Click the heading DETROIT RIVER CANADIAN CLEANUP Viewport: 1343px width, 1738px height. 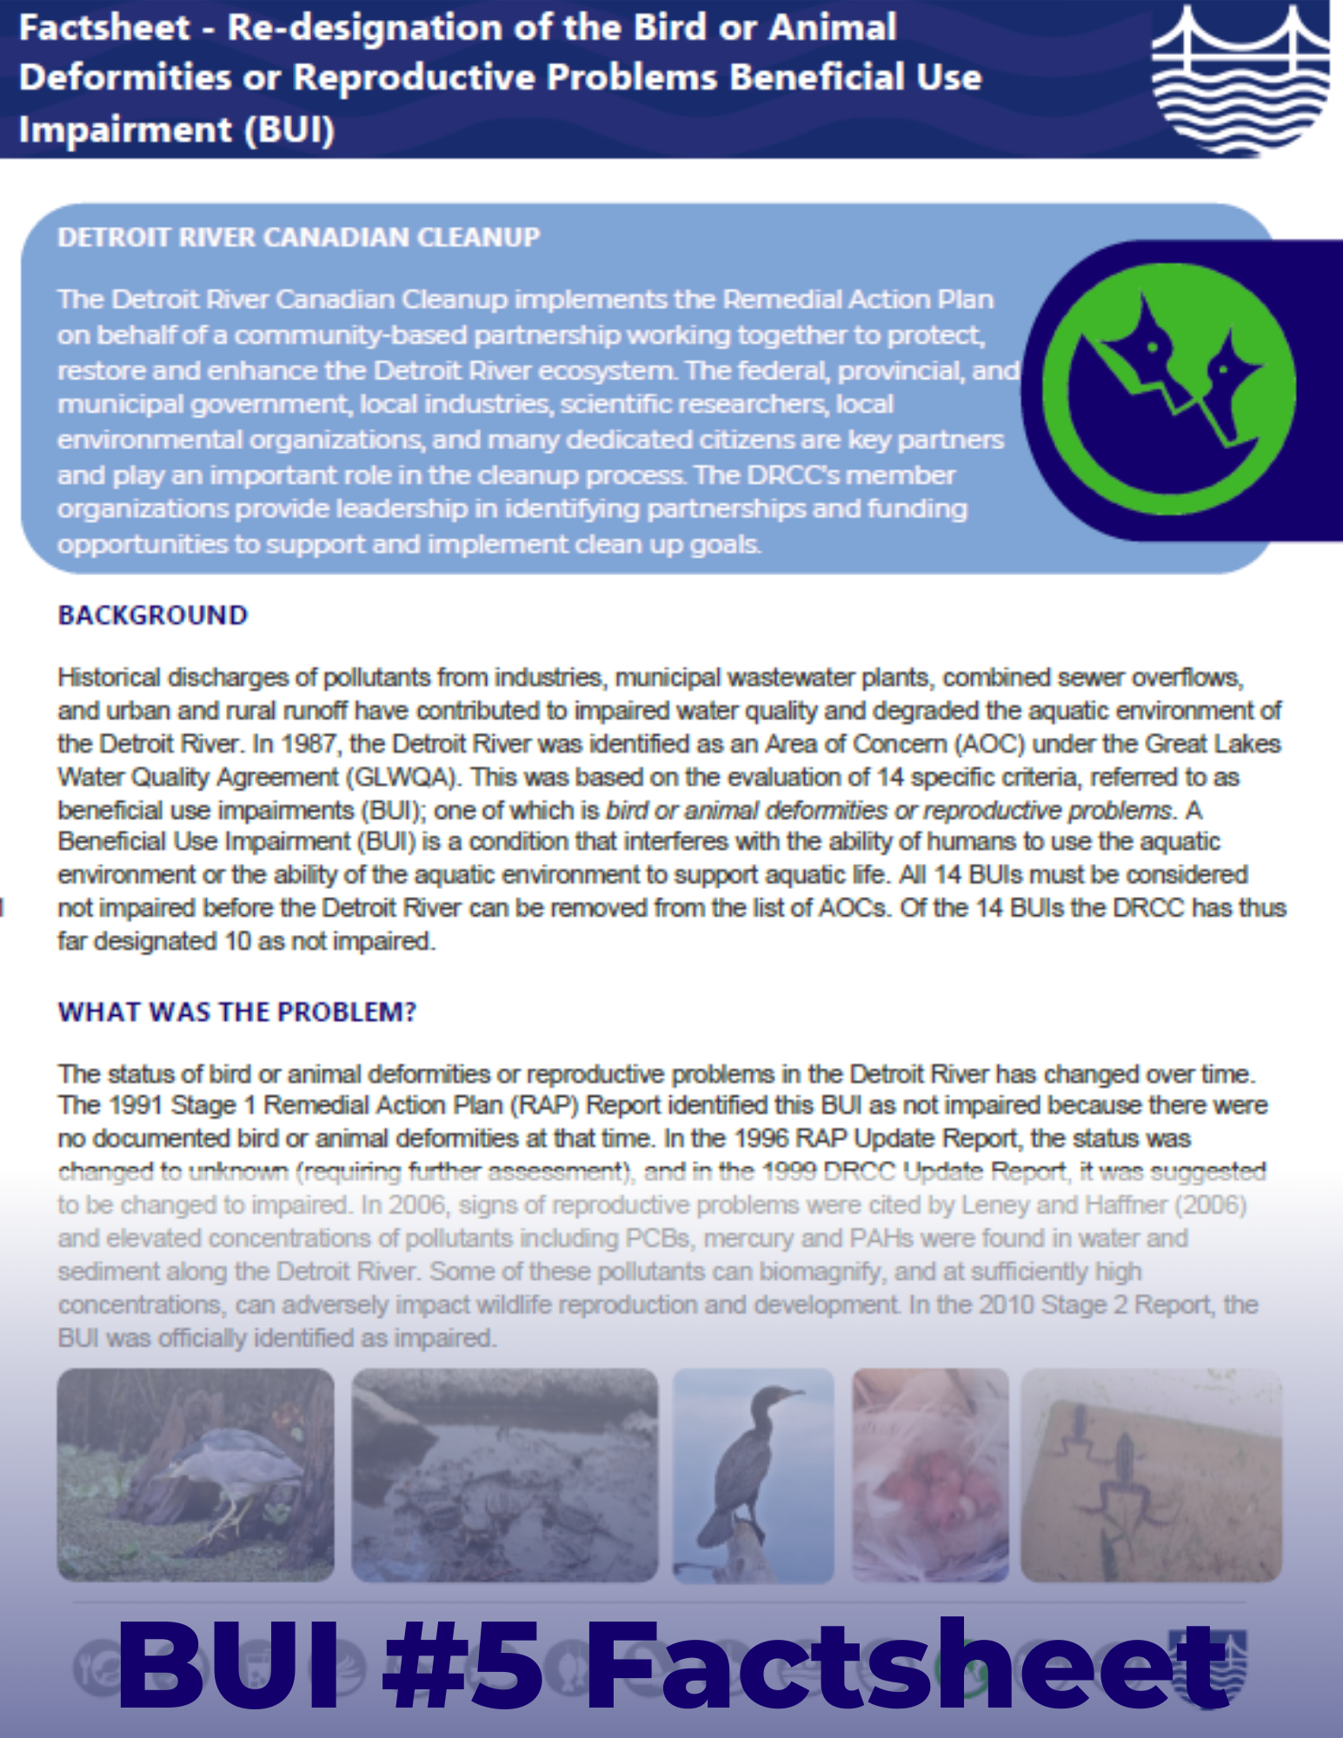(298, 237)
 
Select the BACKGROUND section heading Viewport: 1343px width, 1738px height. (152, 615)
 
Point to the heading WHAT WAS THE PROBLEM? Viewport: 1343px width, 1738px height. (236, 1012)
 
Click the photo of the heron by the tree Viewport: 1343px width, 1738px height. (196, 1475)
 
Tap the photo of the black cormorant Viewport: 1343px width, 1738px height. (753, 1475)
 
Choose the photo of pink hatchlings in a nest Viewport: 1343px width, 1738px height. (929, 1475)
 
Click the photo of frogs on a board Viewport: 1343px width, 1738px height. (1150, 1475)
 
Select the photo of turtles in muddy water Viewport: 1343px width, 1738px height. (504, 1475)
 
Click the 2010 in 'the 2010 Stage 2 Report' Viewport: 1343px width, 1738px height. (1007, 1305)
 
